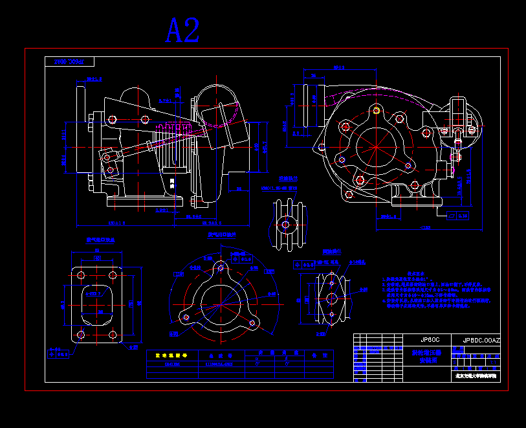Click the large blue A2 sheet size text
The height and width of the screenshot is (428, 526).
click(x=182, y=30)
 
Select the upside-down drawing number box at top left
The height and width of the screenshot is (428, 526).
click(x=70, y=62)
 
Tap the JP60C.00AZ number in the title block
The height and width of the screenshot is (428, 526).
click(x=481, y=340)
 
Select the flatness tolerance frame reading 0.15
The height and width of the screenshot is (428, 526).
click(x=457, y=216)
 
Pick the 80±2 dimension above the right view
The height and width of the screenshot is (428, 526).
click(x=338, y=67)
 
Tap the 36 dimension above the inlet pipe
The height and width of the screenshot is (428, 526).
click(x=313, y=76)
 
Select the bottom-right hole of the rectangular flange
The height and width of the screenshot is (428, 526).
click(x=113, y=334)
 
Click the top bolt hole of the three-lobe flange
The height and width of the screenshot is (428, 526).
click(x=221, y=267)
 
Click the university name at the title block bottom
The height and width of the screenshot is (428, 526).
click(x=476, y=375)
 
